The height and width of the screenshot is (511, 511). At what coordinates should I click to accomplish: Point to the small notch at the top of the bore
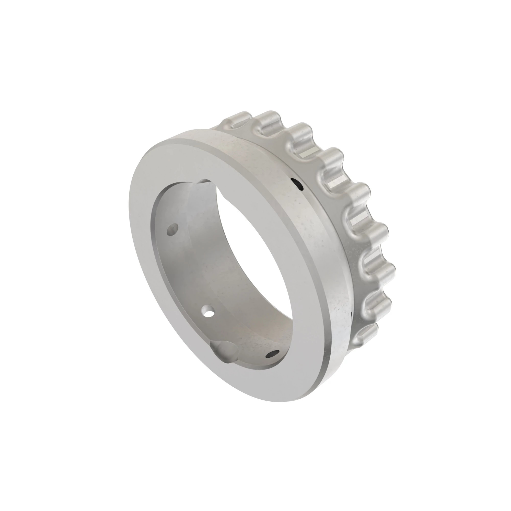click(205, 181)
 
